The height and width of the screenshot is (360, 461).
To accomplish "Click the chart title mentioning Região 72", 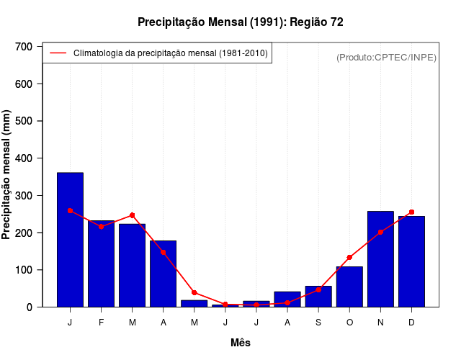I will pos(240,22).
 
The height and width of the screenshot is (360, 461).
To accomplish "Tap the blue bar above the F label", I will pos(101,264).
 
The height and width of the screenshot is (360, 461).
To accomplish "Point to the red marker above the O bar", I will pos(349,257).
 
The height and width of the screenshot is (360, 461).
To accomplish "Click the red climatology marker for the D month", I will pos(411,212).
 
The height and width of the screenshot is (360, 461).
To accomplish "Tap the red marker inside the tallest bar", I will pos(70,210).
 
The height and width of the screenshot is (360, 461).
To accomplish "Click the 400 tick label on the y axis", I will pos(24,158).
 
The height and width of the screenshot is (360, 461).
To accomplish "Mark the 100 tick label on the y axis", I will pos(24,270).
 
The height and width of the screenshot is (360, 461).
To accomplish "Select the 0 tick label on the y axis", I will pos(30,307).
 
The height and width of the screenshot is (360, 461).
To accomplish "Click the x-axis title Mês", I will pos(241,343).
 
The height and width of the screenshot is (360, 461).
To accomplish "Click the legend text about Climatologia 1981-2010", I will pos(171,53).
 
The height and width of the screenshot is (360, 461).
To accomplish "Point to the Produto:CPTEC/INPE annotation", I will pos(386,57).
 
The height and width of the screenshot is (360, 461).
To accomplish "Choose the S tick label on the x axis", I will pos(318,323).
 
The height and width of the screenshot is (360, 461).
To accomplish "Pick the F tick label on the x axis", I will pos(101,323).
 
